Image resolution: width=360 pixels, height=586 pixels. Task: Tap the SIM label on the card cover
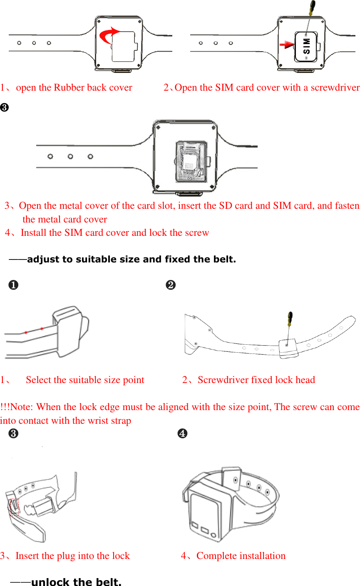(307, 46)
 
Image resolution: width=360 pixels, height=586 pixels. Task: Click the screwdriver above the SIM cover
(310, 12)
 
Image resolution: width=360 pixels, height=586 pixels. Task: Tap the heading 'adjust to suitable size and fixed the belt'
(131, 260)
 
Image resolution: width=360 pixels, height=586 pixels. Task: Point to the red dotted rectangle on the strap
(15, 507)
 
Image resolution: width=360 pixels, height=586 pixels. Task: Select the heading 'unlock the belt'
(76, 581)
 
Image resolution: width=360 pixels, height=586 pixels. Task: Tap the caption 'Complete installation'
(241, 556)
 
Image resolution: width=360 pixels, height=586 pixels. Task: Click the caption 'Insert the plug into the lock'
(72, 556)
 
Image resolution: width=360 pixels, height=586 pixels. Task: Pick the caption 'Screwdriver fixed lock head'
(256, 380)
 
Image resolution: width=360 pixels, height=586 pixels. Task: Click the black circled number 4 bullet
(182, 434)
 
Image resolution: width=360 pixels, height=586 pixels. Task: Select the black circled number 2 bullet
(170, 285)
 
